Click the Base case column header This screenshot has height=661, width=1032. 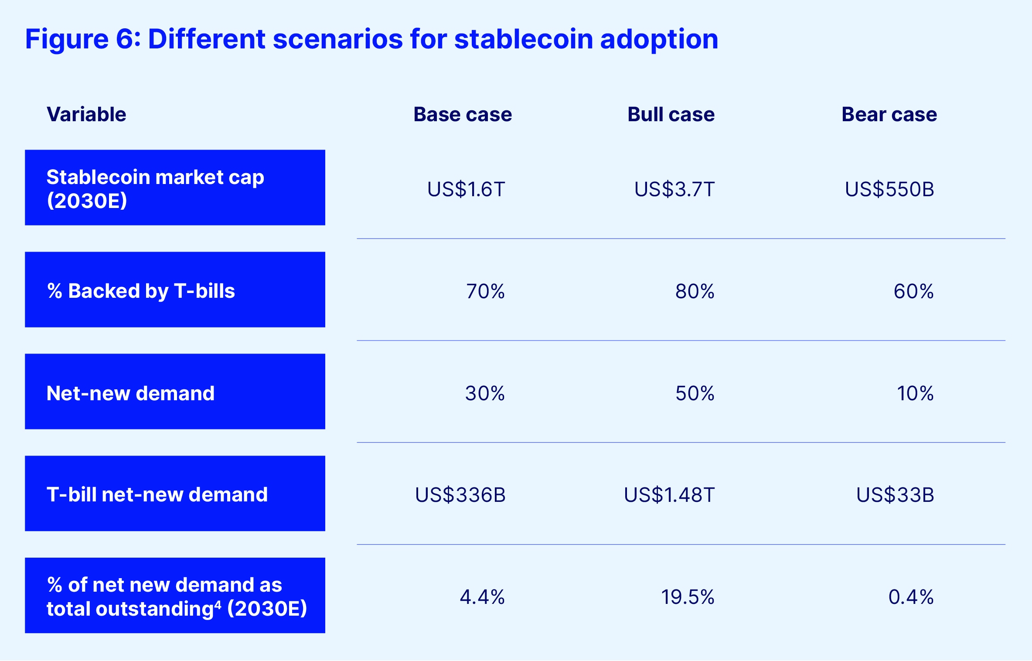(462, 114)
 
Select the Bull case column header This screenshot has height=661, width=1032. (671, 114)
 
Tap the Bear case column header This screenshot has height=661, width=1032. (889, 114)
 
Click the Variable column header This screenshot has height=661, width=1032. (86, 114)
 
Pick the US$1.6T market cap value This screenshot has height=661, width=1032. (466, 189)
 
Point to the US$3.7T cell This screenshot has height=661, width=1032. (674, 189)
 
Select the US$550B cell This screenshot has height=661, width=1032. (889, 189)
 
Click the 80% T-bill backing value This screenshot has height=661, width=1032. (695, 291)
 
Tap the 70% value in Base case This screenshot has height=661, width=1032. (485, 291)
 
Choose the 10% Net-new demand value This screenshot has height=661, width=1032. (915, 393)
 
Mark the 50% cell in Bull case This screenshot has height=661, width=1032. (695, 393)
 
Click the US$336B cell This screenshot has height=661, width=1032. (460, 495)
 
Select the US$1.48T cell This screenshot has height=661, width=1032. (669, 495)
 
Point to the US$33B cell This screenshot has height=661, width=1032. (895, 495)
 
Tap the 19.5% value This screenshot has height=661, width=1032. (687, 597)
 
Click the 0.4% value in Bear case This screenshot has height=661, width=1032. (910, 597)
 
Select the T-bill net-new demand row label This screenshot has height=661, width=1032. (157, 494)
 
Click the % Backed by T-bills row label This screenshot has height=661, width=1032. (141, 291)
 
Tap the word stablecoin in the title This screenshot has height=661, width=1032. (523, 39)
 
